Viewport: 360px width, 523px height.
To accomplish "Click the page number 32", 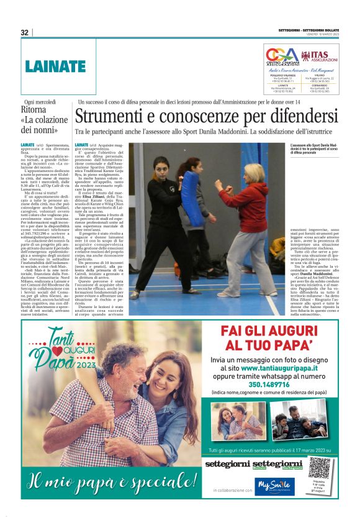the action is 25,32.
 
